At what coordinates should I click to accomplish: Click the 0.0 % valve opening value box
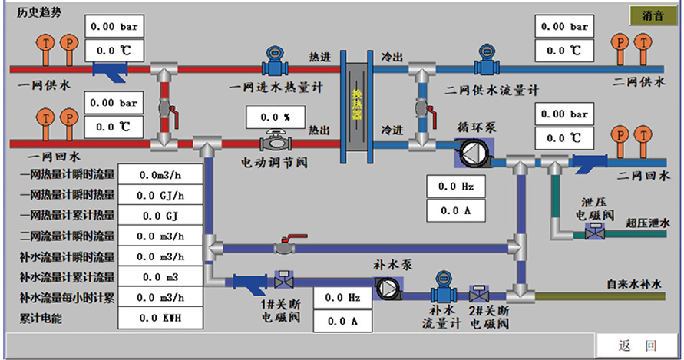coord(275,117)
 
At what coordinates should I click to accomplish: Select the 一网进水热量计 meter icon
coord(273,58)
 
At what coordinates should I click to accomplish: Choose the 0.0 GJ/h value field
coord(160,195)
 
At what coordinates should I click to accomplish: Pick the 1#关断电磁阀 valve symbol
coord(280,280)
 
